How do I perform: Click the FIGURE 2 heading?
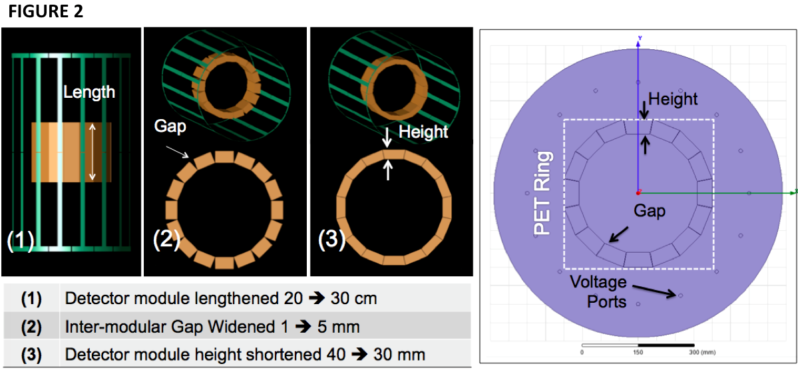(46, 13)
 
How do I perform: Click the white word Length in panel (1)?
(89, 92)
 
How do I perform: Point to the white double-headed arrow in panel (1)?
(93, 152)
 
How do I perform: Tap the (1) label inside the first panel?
(21, 240)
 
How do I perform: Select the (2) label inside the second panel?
(166, 240)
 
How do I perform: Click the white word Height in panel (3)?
(423, 132)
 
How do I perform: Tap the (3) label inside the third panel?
(331, 240)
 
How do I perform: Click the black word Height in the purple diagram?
(673, 99)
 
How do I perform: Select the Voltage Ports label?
(598, 291)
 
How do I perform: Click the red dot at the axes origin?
(638, 193)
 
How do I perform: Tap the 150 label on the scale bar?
(638, 351)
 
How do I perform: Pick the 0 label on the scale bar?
(582, 351)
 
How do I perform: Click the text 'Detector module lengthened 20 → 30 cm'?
(220, 298)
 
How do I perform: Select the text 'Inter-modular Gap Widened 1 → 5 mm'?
(212, 326)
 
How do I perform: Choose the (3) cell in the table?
(31, 354)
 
